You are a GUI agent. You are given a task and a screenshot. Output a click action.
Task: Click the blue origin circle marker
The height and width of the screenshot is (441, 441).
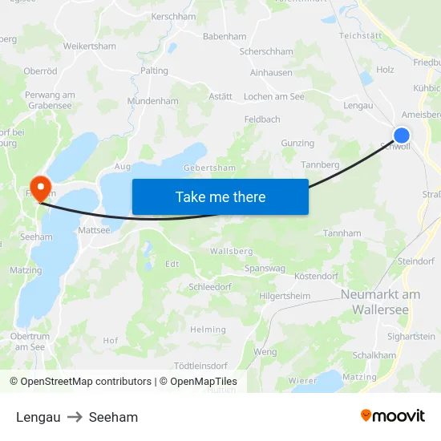402,136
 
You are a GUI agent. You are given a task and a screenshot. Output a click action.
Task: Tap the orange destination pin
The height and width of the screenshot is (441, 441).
39,185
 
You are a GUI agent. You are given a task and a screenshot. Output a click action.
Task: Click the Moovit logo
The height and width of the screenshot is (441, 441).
392,416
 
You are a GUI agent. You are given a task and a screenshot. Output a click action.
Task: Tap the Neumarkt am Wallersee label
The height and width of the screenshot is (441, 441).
380,301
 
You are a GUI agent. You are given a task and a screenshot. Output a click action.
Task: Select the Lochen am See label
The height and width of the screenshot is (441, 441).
273,96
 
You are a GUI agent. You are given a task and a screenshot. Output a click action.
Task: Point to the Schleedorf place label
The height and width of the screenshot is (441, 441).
210,286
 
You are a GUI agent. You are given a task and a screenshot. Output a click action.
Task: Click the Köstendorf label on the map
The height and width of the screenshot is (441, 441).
316,276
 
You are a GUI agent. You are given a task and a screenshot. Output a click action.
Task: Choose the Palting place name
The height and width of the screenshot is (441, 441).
154,71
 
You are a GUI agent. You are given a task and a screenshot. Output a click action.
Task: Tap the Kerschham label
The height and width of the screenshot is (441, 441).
174,16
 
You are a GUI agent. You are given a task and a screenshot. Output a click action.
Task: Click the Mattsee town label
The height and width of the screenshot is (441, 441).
95,230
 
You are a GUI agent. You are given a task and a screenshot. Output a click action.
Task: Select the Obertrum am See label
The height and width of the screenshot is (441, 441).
29,341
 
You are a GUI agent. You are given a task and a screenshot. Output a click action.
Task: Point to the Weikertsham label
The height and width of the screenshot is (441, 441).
90,47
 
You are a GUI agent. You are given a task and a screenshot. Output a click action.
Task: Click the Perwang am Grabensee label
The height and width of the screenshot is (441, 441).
50,100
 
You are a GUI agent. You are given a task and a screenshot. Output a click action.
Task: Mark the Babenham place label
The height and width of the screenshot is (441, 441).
225,37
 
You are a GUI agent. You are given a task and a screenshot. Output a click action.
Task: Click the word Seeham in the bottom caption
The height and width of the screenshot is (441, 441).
113,417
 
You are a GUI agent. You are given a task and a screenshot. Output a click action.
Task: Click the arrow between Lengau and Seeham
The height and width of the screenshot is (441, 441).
75,417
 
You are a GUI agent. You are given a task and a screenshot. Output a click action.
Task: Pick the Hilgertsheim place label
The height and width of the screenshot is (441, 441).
285,296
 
